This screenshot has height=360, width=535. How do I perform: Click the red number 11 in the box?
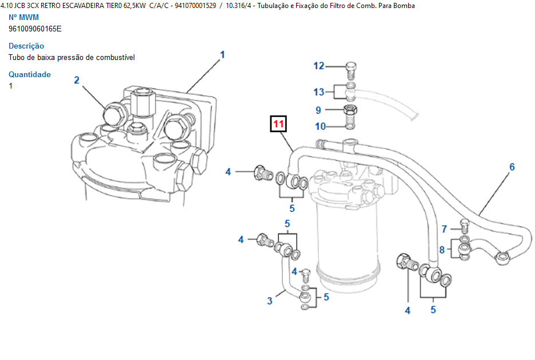coord(278,124)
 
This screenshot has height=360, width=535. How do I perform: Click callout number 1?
coord(222,55)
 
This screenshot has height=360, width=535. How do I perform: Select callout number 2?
coord(77,80)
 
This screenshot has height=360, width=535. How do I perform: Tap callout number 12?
coord(318,66)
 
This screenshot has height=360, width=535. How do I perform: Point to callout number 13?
coord(319,91)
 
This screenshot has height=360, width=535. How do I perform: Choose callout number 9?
coord(319,110)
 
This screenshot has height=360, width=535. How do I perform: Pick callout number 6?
coord(512,167)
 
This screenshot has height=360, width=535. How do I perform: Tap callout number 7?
coord(444,229)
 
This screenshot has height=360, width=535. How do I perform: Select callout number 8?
coord(442,250)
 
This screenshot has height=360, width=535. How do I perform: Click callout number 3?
coord(270,301)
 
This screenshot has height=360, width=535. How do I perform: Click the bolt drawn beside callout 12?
coord(351,71)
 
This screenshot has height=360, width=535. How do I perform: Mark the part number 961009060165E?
coord(35,29)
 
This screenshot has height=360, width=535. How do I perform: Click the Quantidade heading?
coord(30,74)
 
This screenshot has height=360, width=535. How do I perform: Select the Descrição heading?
coord(26,46)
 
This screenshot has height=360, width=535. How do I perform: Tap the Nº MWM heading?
coord(24,17)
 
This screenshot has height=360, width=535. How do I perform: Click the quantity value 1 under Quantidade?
coord(11,86)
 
